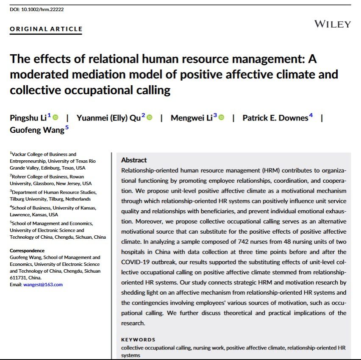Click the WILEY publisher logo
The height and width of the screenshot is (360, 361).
coord(332,24)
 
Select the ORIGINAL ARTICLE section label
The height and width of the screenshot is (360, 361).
coord(46,29)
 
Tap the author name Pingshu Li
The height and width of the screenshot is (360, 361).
coord(28,118)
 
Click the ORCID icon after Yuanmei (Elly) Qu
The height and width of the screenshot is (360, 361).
coord(149,117)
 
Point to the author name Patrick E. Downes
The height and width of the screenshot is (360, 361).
coord(275,118)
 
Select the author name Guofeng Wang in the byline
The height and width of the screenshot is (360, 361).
coord(37,130)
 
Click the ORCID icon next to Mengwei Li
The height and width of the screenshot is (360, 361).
coord(221,117)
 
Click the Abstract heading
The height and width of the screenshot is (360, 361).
coord(134,160)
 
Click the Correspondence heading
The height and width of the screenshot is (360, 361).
coord(27,251)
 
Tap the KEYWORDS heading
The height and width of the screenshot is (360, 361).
coord(138,339)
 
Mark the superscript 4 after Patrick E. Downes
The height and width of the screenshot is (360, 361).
coord(311,116)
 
